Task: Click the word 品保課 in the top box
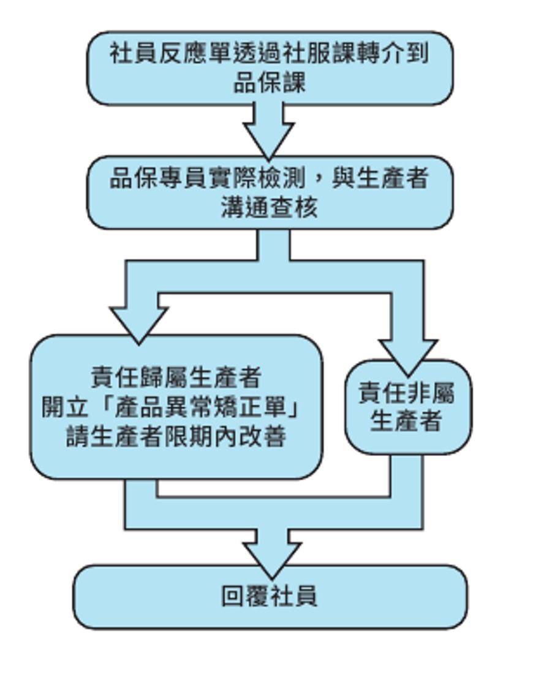269,82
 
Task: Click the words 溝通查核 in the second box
269,208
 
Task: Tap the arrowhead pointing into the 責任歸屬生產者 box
138,322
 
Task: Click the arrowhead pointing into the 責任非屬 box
407,355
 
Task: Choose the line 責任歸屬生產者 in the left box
176,377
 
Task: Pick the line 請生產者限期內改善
176,438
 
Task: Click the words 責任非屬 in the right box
407,393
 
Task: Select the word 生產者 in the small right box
406,422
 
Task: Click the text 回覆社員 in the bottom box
270,596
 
